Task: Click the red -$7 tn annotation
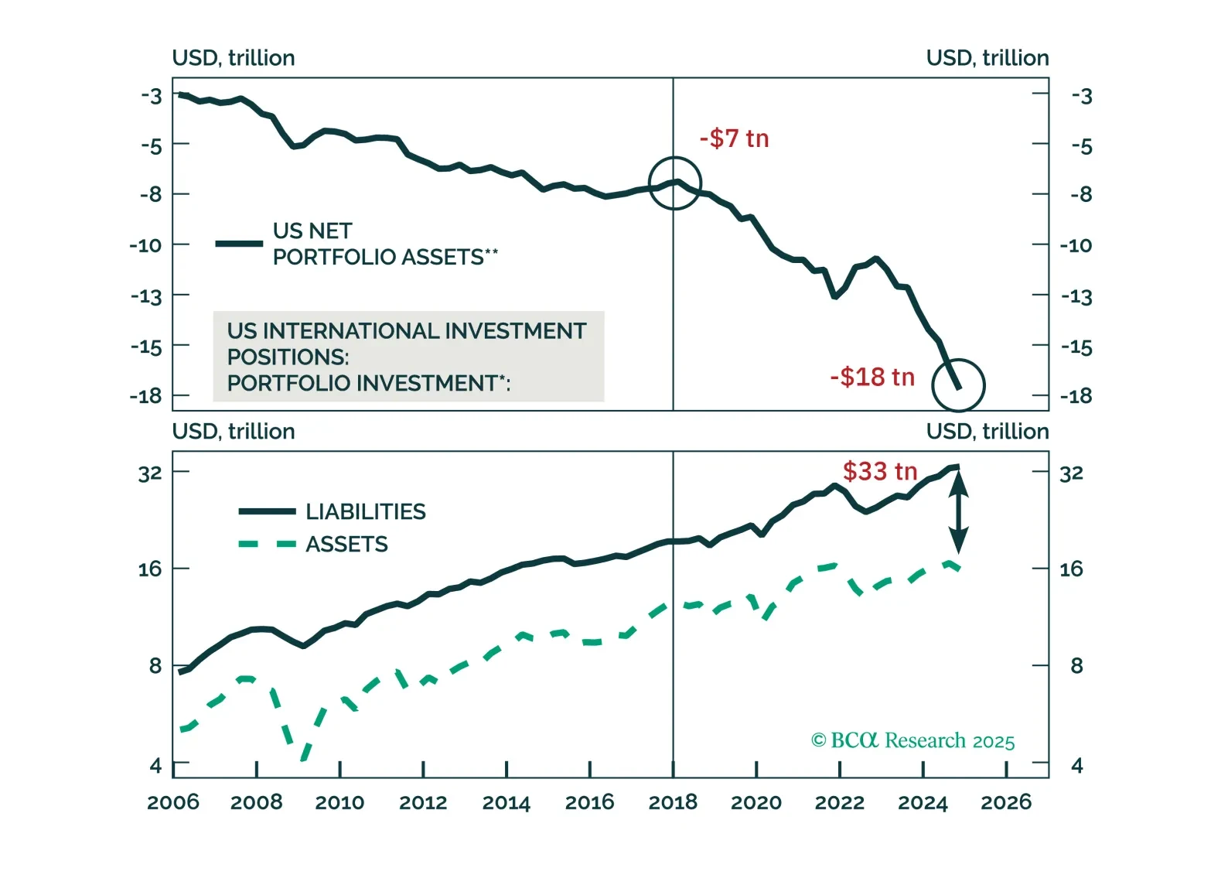point(734,138)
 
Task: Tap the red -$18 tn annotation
point(872,377)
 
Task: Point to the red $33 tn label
point(879,471)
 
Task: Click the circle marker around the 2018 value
point(674,183)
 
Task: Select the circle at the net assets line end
point(958,385)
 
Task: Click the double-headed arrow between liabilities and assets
point(958,512)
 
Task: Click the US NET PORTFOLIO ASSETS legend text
point(385,244)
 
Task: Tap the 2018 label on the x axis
point(673,802)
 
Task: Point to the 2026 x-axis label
point(1006,802)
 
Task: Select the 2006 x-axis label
point(173,802)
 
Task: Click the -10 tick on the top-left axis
point(146,245)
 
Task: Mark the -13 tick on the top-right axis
point(1076,296)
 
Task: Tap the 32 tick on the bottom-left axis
point(150,473)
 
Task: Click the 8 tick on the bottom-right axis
point(1076,665)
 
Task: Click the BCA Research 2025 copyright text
point(912,741)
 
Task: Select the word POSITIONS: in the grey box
point(288,357)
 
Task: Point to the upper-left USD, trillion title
point(234,58)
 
